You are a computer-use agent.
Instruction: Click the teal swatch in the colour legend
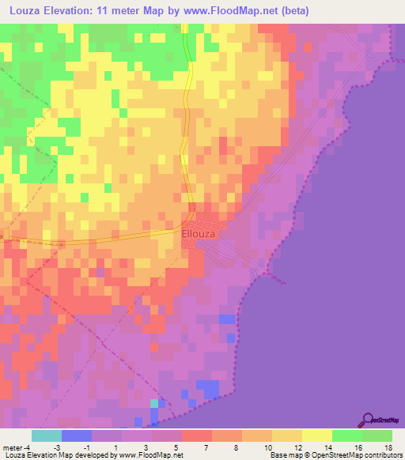pos(47,435)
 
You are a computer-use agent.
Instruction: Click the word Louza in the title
pos(25,11)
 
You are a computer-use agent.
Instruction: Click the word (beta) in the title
pos(293,11)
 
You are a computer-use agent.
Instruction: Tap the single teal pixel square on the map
pos(154,403)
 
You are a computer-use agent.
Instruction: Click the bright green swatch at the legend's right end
pos(377,435)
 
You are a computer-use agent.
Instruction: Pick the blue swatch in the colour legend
pos(77,435)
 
